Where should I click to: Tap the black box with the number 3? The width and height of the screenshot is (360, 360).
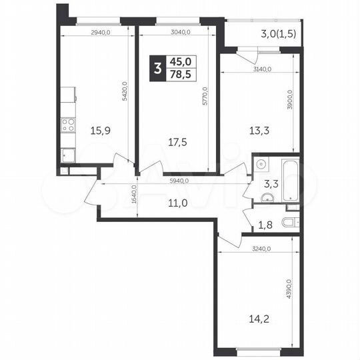click(x=157, y=68)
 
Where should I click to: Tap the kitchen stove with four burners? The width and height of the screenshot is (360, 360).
click(x=67, y=125)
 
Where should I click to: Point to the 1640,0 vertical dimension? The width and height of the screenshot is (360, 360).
click(x=135, y=195)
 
